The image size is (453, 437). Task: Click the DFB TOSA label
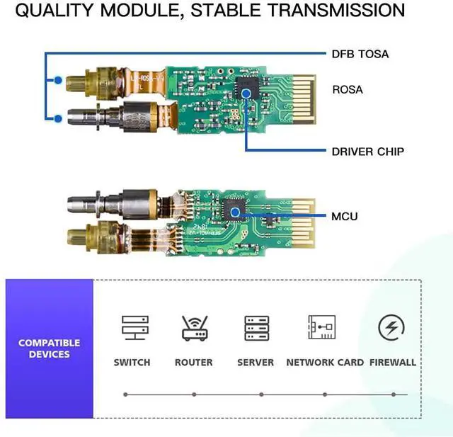point(360,54)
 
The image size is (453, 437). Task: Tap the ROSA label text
point(348,89)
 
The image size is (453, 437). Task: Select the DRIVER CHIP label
point(368,152)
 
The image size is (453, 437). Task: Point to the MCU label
point(345,215)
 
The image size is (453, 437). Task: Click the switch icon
point(132,328)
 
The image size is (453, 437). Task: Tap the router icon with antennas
point(193,328)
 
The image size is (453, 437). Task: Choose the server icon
point(256,328)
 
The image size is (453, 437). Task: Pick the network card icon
point(322,328)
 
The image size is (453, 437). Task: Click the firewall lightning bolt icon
point(391,328)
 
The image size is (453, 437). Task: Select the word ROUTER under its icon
point(193,363)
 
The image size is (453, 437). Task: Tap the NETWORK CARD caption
point(325,363)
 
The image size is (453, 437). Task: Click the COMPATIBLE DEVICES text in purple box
point(49,348)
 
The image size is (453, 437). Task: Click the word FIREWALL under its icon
point(391,363)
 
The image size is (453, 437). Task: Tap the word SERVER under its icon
point(256,363)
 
